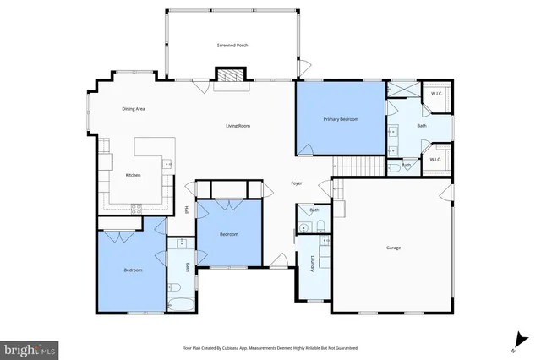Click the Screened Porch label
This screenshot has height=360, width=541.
232,45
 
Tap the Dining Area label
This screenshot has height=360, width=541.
134,109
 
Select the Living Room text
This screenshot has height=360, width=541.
238,126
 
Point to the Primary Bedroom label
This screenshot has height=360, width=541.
341,119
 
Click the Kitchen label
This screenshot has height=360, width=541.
133,175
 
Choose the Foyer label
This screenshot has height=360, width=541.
297,183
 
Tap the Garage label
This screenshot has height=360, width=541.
393,248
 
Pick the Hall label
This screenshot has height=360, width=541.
186,210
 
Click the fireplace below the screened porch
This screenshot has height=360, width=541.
228,76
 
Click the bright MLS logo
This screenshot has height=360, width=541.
29,348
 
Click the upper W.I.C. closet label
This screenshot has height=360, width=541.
436,93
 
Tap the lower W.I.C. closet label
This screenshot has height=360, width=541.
436,159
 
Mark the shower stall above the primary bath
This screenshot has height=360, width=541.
402,90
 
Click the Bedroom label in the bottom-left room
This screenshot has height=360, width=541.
133,270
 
